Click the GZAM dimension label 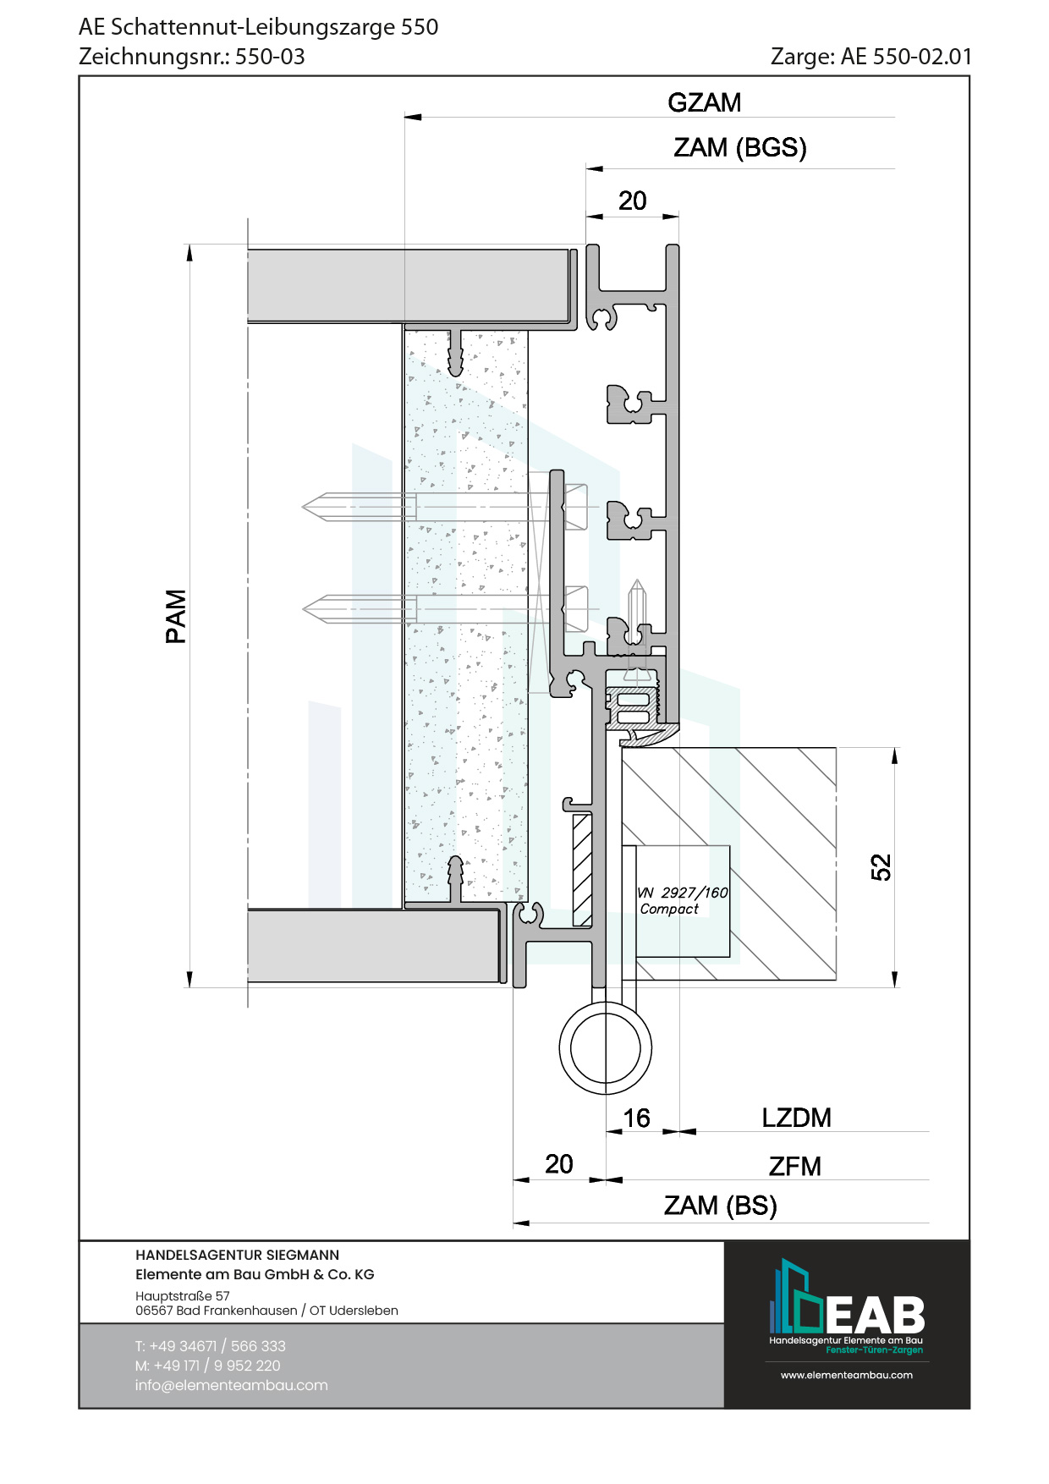pos(704,102)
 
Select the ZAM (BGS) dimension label pos(739,148)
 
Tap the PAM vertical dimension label pos(176,616)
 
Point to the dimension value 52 pos(881,867)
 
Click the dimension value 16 pos(636,1118)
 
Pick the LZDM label pos(796,1118)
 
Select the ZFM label pos(794,1167)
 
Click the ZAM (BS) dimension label pos(720,1206)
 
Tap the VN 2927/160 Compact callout pos(683,900)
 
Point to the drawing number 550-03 pos(270,57)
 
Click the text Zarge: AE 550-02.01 pos(871,57)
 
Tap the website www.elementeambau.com pos(846,1375)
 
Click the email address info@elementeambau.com pos(231,1385)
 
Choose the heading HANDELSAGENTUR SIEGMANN pos(237,1255)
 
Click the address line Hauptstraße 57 pos(182,1295)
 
